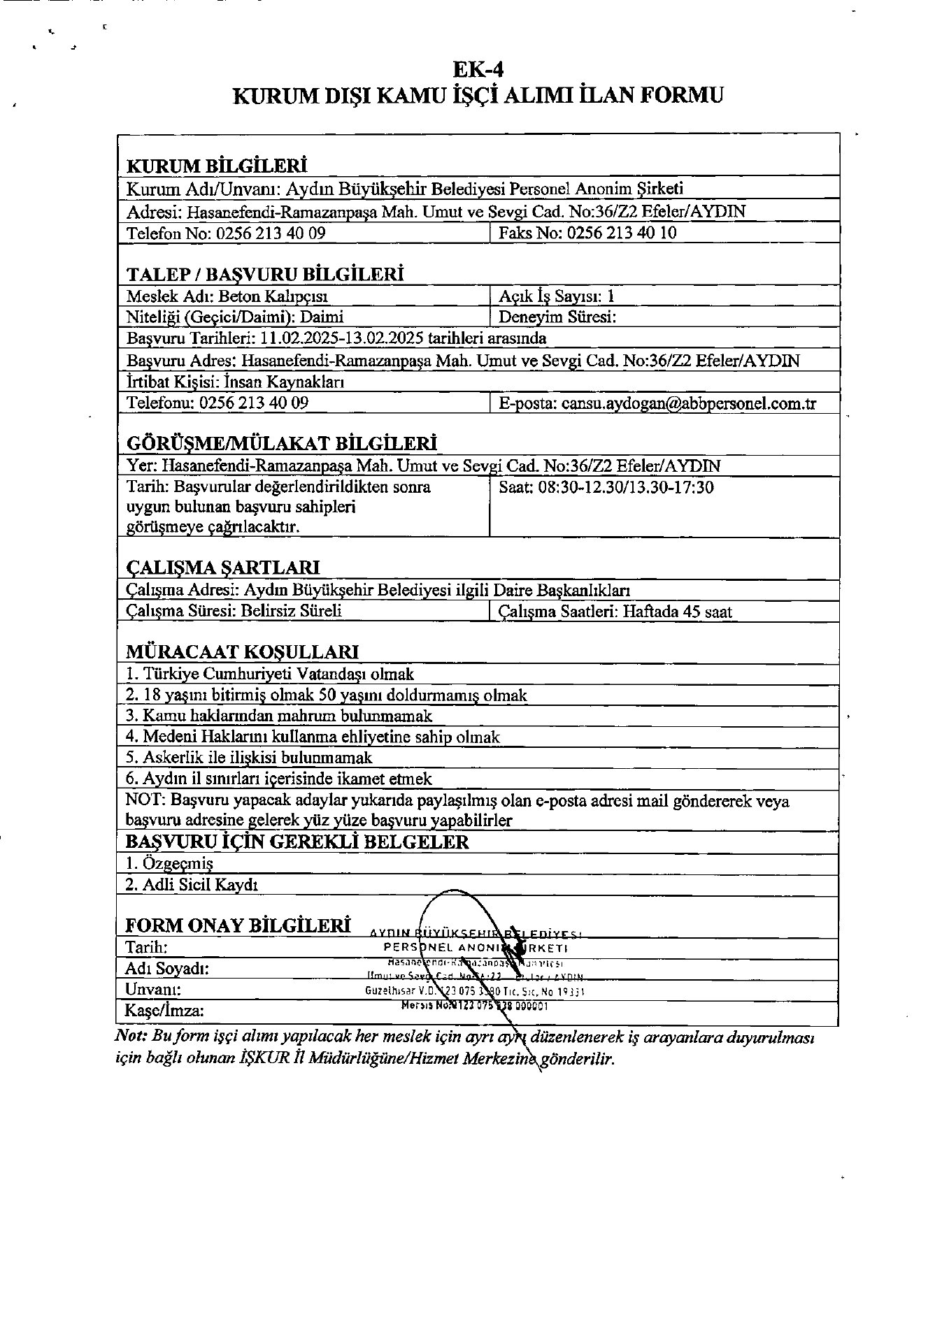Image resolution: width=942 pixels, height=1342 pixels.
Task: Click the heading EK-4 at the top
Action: point(478,69)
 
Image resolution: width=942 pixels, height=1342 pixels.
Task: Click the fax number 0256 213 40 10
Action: point(621,233)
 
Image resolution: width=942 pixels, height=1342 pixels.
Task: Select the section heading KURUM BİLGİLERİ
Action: point(217,166)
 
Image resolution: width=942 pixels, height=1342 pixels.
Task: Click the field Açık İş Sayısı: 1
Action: point(557,296)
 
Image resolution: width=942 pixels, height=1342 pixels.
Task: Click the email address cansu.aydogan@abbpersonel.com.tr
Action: point(689,403)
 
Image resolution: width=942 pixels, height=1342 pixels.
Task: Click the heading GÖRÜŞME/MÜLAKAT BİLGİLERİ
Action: point(281,444)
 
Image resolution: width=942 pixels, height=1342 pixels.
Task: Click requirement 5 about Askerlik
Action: point(249,758)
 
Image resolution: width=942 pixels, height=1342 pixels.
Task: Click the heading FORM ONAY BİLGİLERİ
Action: point(238,925)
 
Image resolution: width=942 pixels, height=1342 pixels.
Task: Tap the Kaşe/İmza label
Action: point(164,1011)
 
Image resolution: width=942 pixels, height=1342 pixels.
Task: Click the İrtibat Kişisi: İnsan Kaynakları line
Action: point(235,382)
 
